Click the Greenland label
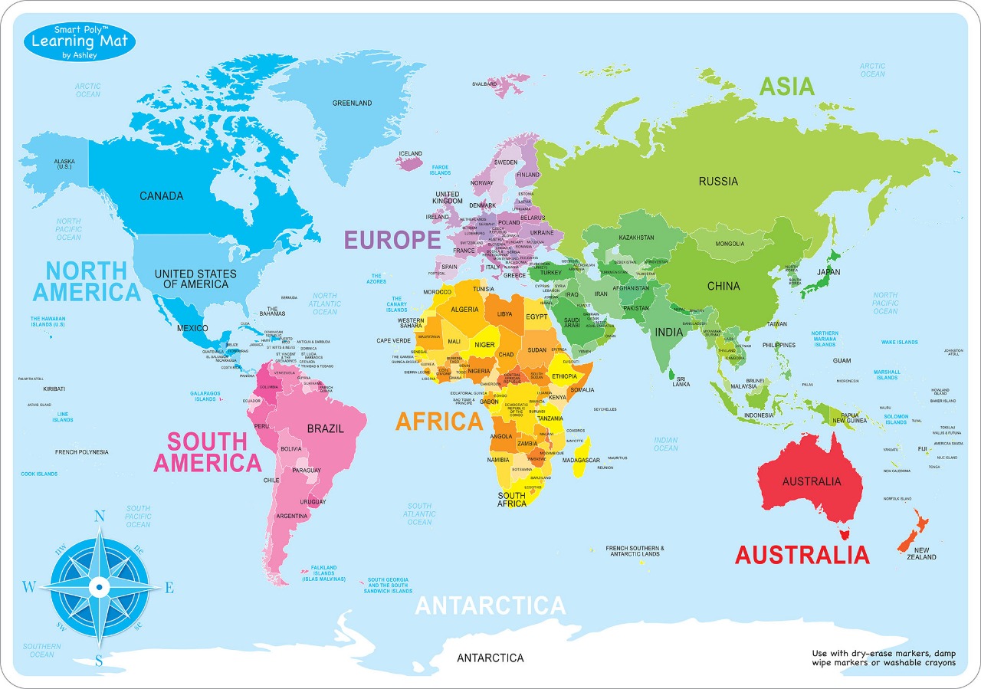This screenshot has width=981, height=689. [352, 103]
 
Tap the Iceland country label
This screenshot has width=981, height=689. [411, 153]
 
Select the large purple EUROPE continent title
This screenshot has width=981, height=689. [392, 240]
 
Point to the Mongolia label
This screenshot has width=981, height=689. [730, 244]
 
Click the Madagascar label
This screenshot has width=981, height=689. [580, 460]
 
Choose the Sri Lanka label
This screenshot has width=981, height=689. [681, 381]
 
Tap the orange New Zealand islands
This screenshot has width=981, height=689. [914, 533]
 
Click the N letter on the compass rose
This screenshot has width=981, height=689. [99, 517]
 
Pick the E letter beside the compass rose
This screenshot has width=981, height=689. [169, 588]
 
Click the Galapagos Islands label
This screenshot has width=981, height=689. [205, 395]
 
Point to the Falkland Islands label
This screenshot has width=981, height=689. [323, 573]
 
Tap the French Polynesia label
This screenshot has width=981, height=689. [81, 452]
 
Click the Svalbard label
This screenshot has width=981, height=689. [485, 84]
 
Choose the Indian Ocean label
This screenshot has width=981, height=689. [665, 444]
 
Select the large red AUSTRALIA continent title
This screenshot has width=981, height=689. [802, 554]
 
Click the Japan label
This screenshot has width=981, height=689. [828, 272]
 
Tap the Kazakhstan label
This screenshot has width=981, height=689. [636, 238]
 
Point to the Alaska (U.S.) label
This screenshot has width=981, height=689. [64, 164]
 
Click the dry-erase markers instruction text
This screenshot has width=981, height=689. [884, 658]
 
